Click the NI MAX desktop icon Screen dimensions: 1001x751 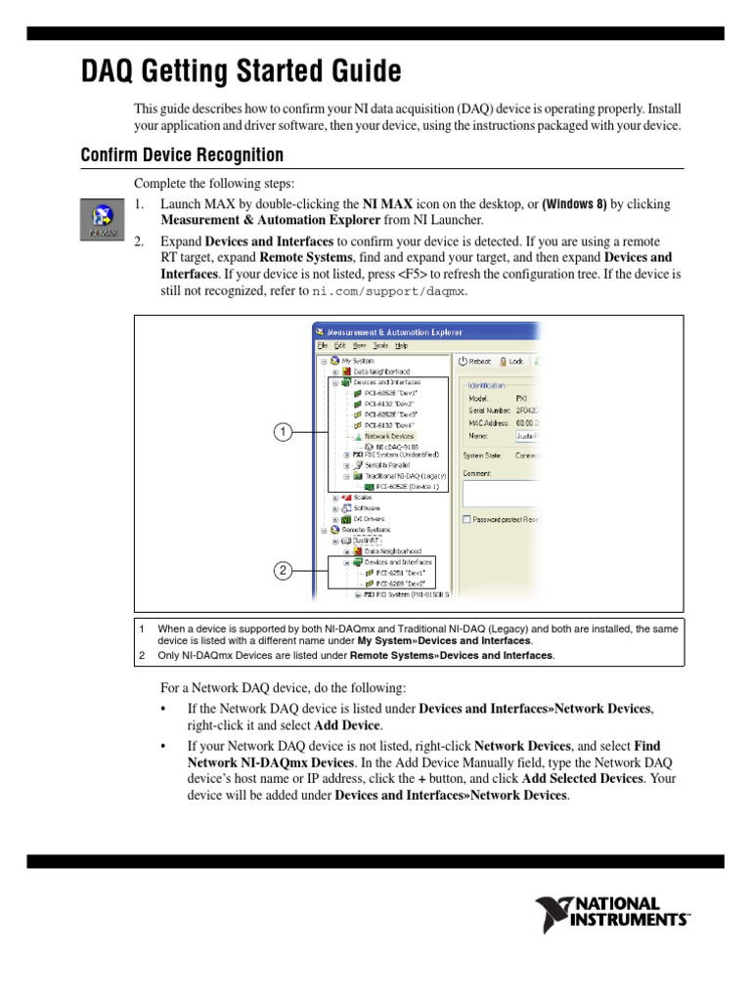tap(100, 218)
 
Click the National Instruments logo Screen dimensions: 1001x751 tap(612, 913)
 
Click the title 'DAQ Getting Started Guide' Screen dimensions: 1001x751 tap(241, 72)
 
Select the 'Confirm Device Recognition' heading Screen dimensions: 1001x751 tap(182, 155)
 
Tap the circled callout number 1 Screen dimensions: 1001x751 tap(283, 431)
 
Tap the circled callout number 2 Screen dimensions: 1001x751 tap(283, 571)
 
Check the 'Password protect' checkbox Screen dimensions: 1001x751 tap(467, 519)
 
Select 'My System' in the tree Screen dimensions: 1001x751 tap(359, 360)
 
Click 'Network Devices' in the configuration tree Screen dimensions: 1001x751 tap(388, 436)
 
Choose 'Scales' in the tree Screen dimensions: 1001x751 tap(362, 497)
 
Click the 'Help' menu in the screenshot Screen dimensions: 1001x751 tap(402, 345)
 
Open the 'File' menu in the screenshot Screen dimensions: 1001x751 tap(321, 345)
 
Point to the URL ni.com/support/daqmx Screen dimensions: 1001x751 tap(389, 292)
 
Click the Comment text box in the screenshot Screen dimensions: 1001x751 tap(501, 493)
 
